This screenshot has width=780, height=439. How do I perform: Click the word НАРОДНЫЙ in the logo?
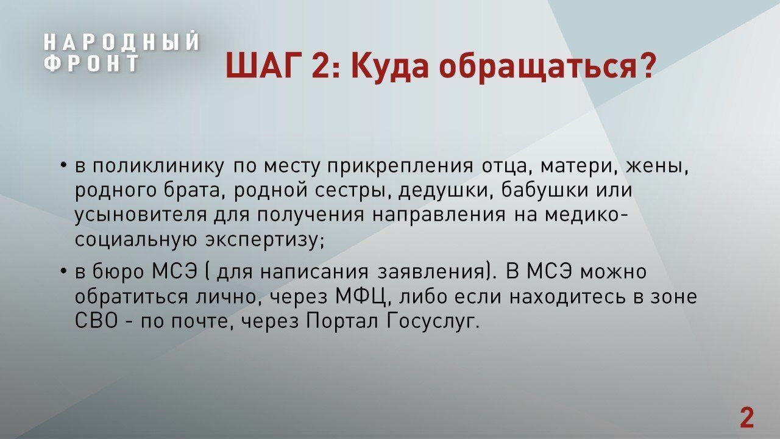click(121, 42)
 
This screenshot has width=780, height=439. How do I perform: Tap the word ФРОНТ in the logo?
click(92, 63)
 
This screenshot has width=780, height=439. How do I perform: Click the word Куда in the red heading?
click(390, 66)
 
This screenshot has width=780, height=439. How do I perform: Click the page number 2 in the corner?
click(747, 418)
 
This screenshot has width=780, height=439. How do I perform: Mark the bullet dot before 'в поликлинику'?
click(63, 165)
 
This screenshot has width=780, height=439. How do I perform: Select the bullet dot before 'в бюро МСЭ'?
click(63, 270)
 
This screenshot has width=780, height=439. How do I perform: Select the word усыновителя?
click(141, 216)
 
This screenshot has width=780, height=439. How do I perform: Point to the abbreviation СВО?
click(96, 321)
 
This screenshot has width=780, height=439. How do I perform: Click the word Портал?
click(342, 321)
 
